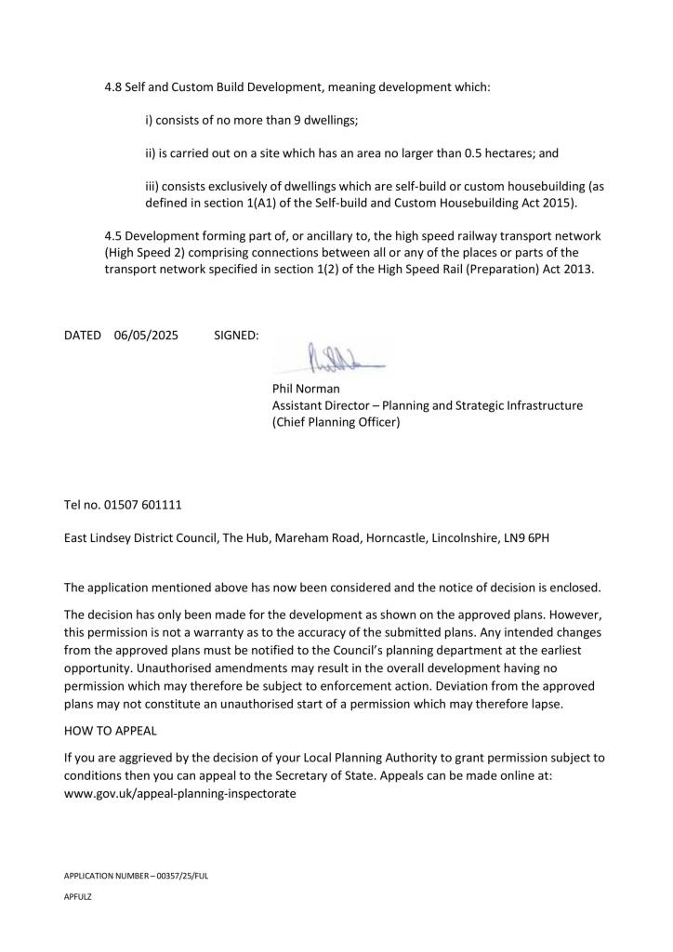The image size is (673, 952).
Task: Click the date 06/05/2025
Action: point(147,334)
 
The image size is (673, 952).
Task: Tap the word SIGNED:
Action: point(236,334)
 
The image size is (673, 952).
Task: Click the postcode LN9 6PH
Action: point(530,538)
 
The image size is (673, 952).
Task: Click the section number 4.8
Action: point(113,87)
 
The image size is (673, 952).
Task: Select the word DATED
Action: point(82,334)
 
